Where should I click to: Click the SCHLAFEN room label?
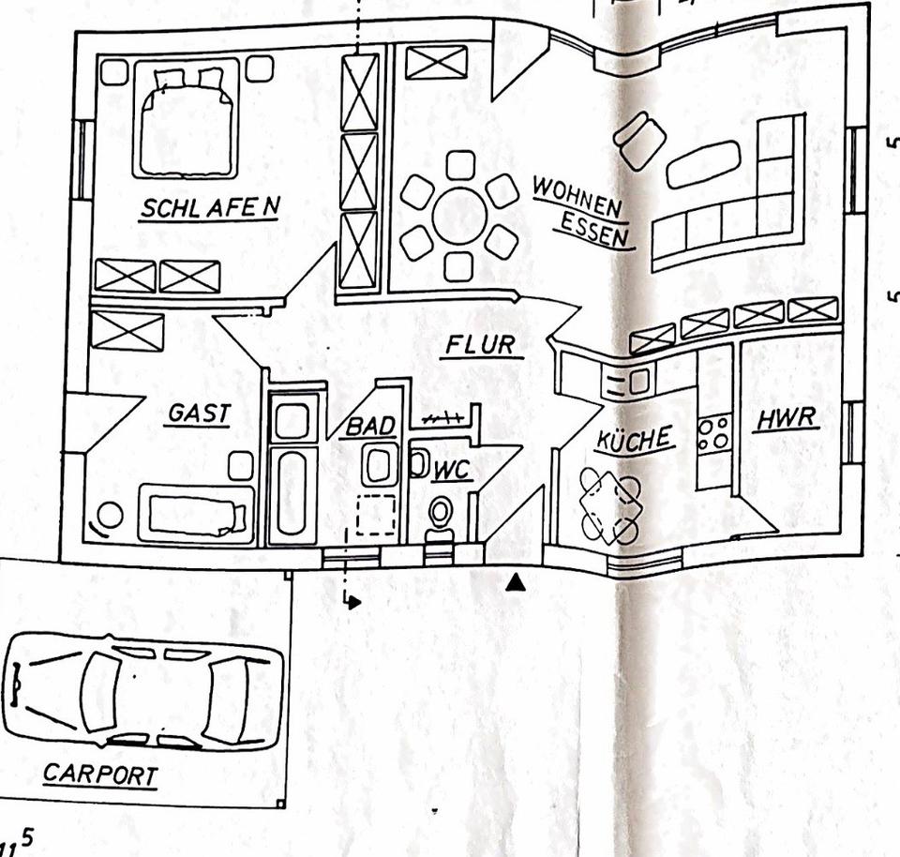210,208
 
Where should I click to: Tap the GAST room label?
200,413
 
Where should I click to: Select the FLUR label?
480,345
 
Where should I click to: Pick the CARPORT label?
100,774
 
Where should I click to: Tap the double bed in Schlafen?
187,117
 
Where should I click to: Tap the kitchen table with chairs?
610,504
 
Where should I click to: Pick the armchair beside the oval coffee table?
640,141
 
